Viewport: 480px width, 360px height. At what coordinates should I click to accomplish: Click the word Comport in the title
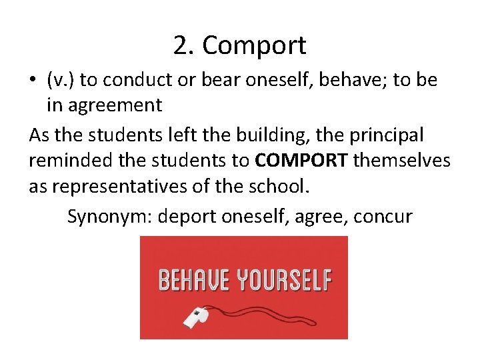254,46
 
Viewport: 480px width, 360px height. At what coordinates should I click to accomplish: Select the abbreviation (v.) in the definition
62,81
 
